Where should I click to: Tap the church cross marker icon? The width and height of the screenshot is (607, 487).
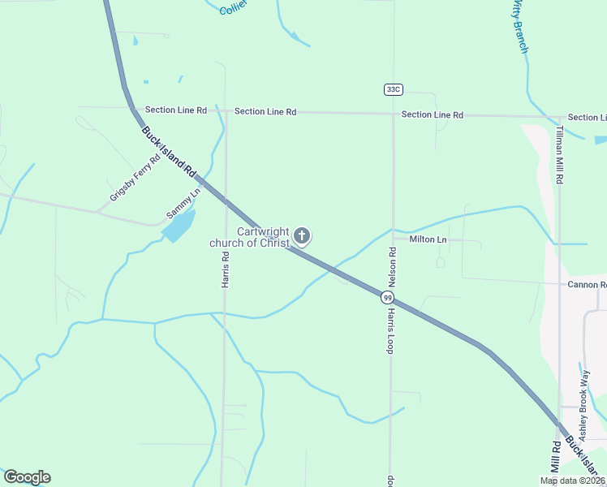(x=302, y=236)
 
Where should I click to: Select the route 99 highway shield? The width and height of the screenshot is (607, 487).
(x=388, y=298)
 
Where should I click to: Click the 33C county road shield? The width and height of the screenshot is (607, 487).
(x=394, y=88)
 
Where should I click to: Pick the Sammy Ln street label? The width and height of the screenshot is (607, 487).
(x=183, y=204)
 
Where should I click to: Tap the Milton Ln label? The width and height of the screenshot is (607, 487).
(x=428, y=239)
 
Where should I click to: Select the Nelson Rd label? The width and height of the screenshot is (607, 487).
(x=392, y=267)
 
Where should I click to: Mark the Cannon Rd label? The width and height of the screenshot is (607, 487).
(x=587, y=285)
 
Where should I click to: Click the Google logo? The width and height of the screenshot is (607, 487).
(x=27, y=477)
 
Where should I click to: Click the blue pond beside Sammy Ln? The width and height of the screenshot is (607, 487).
(x=179, y=225)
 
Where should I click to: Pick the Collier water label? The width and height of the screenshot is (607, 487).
(x=233, y=9)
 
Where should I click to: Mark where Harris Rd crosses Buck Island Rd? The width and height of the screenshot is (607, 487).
(x=226, y=200)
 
